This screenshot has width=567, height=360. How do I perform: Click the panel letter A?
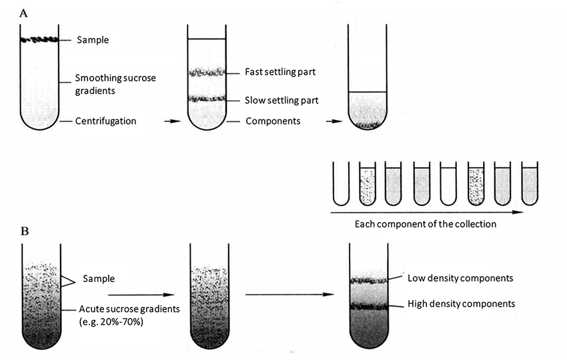tap(24, 13)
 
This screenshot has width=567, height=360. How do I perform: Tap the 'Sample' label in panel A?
tap(93, 40)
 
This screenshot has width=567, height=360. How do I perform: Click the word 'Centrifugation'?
tap(106, 121)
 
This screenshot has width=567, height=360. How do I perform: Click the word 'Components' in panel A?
tap(273, 121)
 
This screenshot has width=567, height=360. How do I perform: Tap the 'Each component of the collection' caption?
tap(425, 224)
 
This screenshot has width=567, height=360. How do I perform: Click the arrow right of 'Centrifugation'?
tap(171, 121)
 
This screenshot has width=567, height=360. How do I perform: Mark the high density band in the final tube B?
tap(370, 307)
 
